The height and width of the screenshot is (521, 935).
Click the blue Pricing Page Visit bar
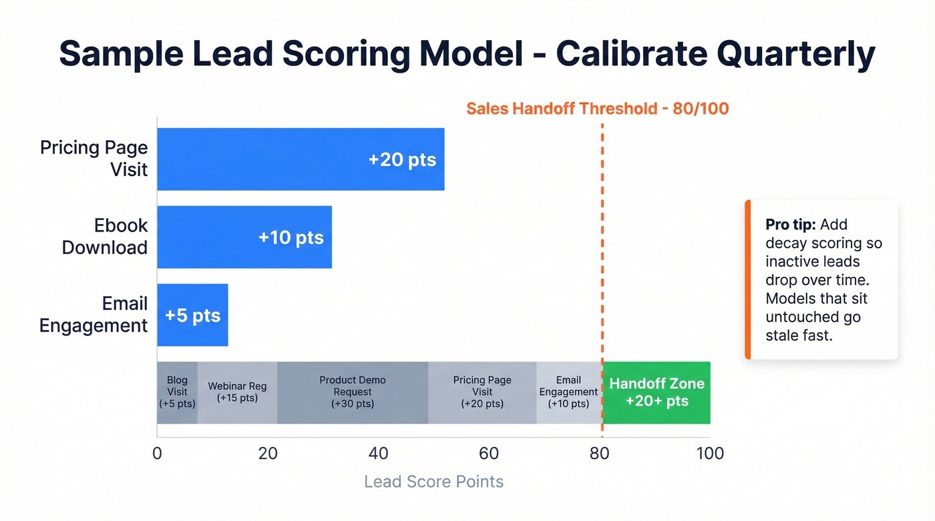coord(301,159)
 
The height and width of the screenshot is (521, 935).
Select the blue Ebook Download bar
coord(244,237)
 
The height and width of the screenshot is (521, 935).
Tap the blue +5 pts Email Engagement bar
coord(192,315)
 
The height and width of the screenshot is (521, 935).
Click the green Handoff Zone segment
coord(657,392)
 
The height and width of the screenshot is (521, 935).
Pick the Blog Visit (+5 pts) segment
coord(177,392)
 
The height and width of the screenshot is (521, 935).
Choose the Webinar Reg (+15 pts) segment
coord(237,392)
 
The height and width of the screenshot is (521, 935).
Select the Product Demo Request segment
coord(353,392)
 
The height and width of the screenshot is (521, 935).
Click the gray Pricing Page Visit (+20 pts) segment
coord(482,392)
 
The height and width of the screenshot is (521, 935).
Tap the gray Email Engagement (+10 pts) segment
coord(568,392)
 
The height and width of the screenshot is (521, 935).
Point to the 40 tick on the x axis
coord(378,454)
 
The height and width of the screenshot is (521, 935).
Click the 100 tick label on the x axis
coord(709,454)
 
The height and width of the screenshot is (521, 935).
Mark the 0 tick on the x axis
coord(157,454)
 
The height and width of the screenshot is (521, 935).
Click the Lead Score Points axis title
coord(433,482)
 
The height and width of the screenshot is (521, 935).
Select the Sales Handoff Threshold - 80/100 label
coord(597,109)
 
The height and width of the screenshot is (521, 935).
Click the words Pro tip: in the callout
coord(791,225)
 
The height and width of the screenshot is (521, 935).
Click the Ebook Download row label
coord(104,236)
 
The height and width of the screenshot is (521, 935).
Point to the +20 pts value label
coord(402,160)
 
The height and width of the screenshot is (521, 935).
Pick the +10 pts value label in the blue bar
coord(291,237)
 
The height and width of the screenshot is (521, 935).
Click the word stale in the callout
coord(782,336)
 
